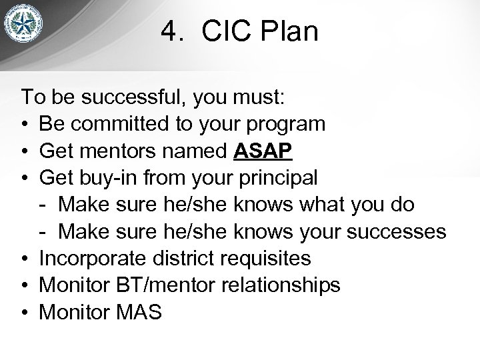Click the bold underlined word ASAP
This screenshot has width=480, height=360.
coord(263,151)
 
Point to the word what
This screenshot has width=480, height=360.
coord(317,205)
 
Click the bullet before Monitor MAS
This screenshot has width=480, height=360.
coord(25,312)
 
